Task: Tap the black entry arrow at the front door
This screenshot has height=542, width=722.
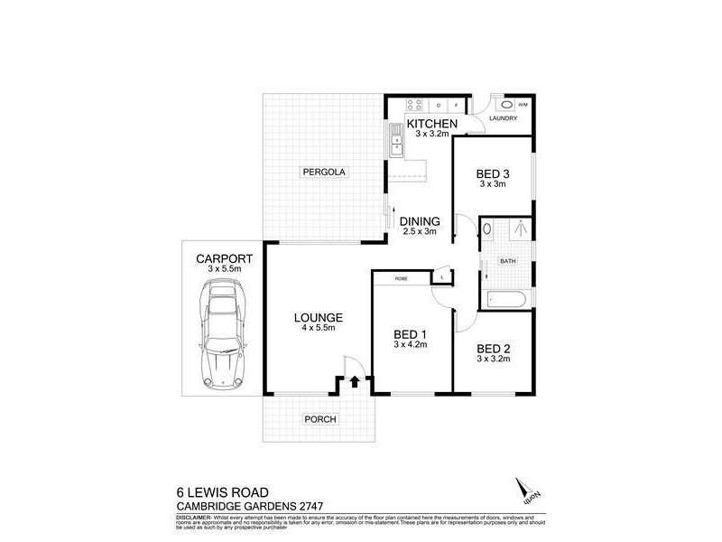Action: [354, 382]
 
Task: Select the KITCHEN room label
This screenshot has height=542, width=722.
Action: [433, 124]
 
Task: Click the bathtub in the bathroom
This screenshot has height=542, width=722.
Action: [504, 299]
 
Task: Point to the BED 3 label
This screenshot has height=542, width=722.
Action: [492, 174]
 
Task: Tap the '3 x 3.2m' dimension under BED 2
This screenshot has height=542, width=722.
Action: [493, 359]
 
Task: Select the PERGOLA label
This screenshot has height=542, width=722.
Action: [324, 172]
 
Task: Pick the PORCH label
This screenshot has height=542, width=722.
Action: [319, 419]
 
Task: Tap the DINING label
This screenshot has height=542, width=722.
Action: [420, 221]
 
